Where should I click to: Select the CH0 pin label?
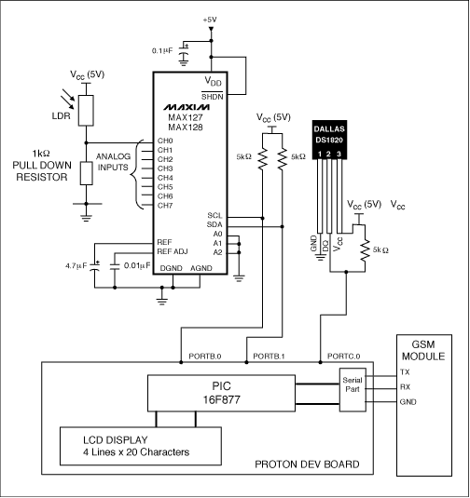[x=166, y=141]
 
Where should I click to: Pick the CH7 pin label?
[x=166, y=205]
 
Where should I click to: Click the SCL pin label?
[x=215, y=216]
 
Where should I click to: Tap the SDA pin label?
[x=215, y=225]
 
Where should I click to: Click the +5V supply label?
[x=211, y=18]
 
